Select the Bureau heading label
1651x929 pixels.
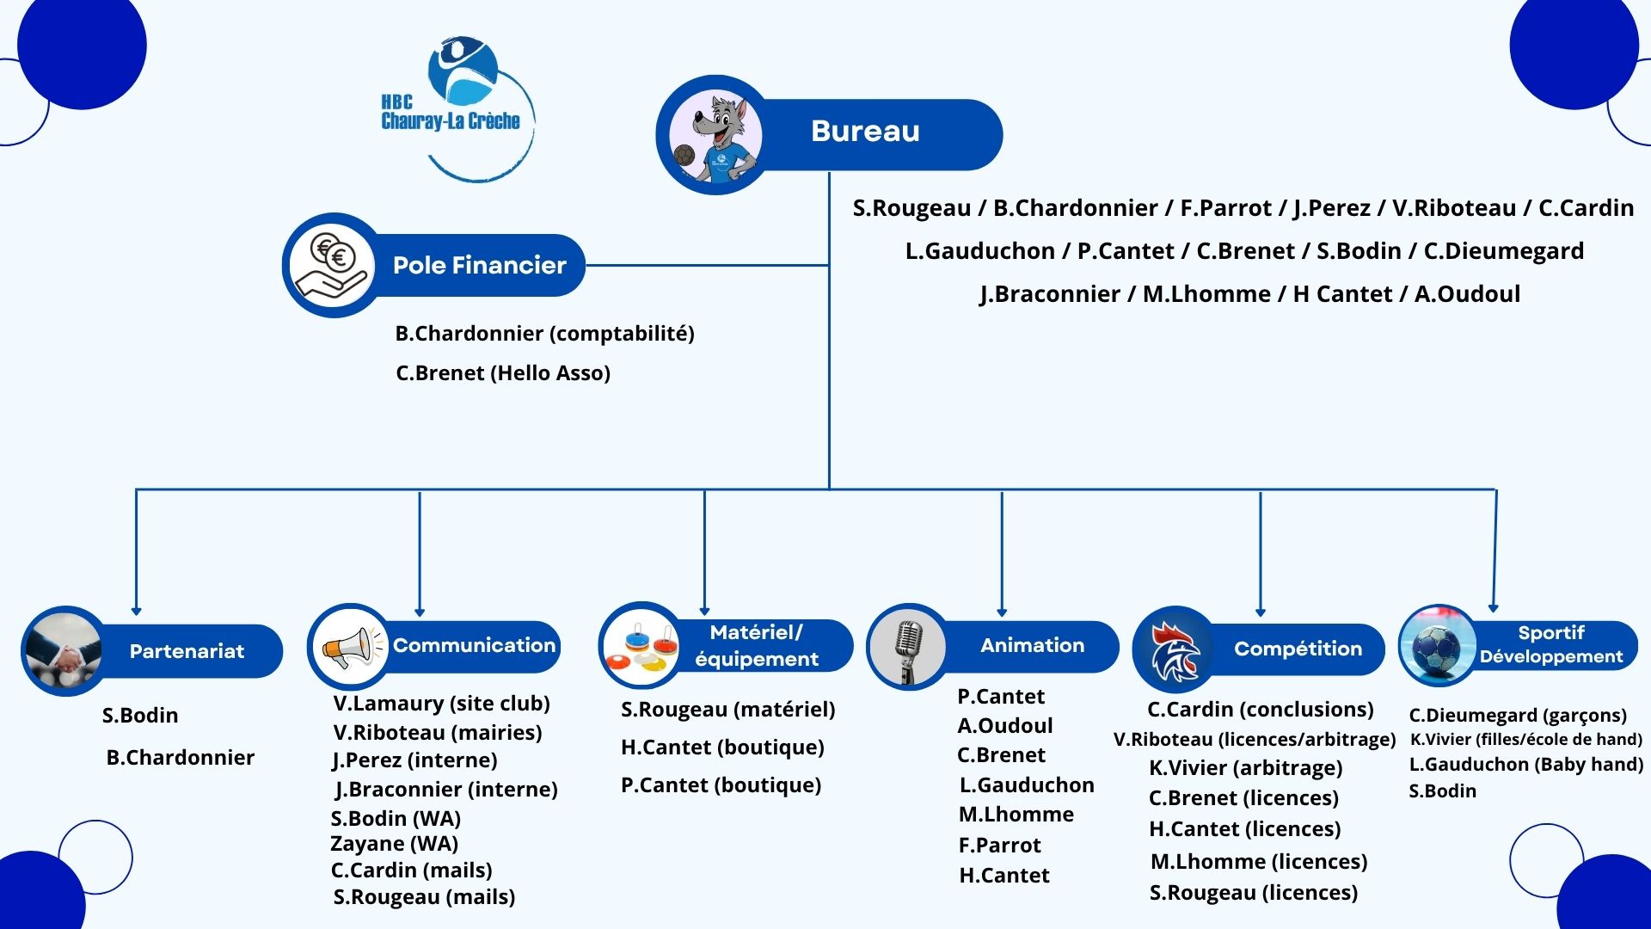point(865,132)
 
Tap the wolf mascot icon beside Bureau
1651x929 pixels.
point(714,136)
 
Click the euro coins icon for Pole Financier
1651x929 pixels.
point(332,265)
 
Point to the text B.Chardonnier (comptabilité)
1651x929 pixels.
point(544,333)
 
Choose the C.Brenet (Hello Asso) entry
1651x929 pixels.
point(503,372)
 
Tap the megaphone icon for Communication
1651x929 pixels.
point(349,646)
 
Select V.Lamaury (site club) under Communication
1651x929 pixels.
point(441,703)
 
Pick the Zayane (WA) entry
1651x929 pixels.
point(394,843)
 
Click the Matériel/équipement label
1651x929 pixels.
point(757,645)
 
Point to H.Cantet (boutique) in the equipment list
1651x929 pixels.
point(722,747)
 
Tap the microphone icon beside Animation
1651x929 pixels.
point(908,648)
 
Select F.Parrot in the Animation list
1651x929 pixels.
point(999,845)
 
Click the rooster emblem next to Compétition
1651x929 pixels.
point(1174,649)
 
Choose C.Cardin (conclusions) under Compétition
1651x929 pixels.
point(1260,709)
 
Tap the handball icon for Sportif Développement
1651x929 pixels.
point(1437,646)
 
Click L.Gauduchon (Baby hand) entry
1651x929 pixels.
point(1525,764)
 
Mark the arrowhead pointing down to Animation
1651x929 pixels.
point(1002,611)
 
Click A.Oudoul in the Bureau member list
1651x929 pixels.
point(1467,294)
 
